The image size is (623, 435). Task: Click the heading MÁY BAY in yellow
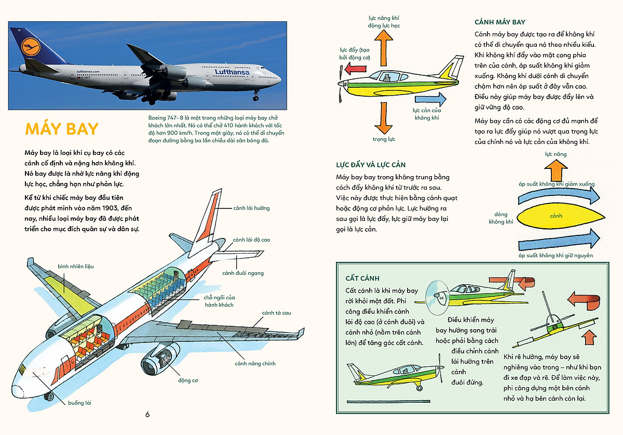click(61, 129)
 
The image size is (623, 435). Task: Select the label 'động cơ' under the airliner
click(188, 380)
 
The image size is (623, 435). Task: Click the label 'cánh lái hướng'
click(252, 208)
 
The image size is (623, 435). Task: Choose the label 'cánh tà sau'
click(276, 313)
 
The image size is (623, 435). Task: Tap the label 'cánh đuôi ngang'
click(242, 273)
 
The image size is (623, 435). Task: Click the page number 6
click(147, 414)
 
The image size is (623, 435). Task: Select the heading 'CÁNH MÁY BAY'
click(500, 22)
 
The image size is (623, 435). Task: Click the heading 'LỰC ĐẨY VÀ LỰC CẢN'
click(370, 165)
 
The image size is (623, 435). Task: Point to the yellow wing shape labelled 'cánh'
click(557, 216)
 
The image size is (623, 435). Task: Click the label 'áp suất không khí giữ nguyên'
click(556, 256)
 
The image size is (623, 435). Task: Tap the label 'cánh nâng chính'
click(255, 364)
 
